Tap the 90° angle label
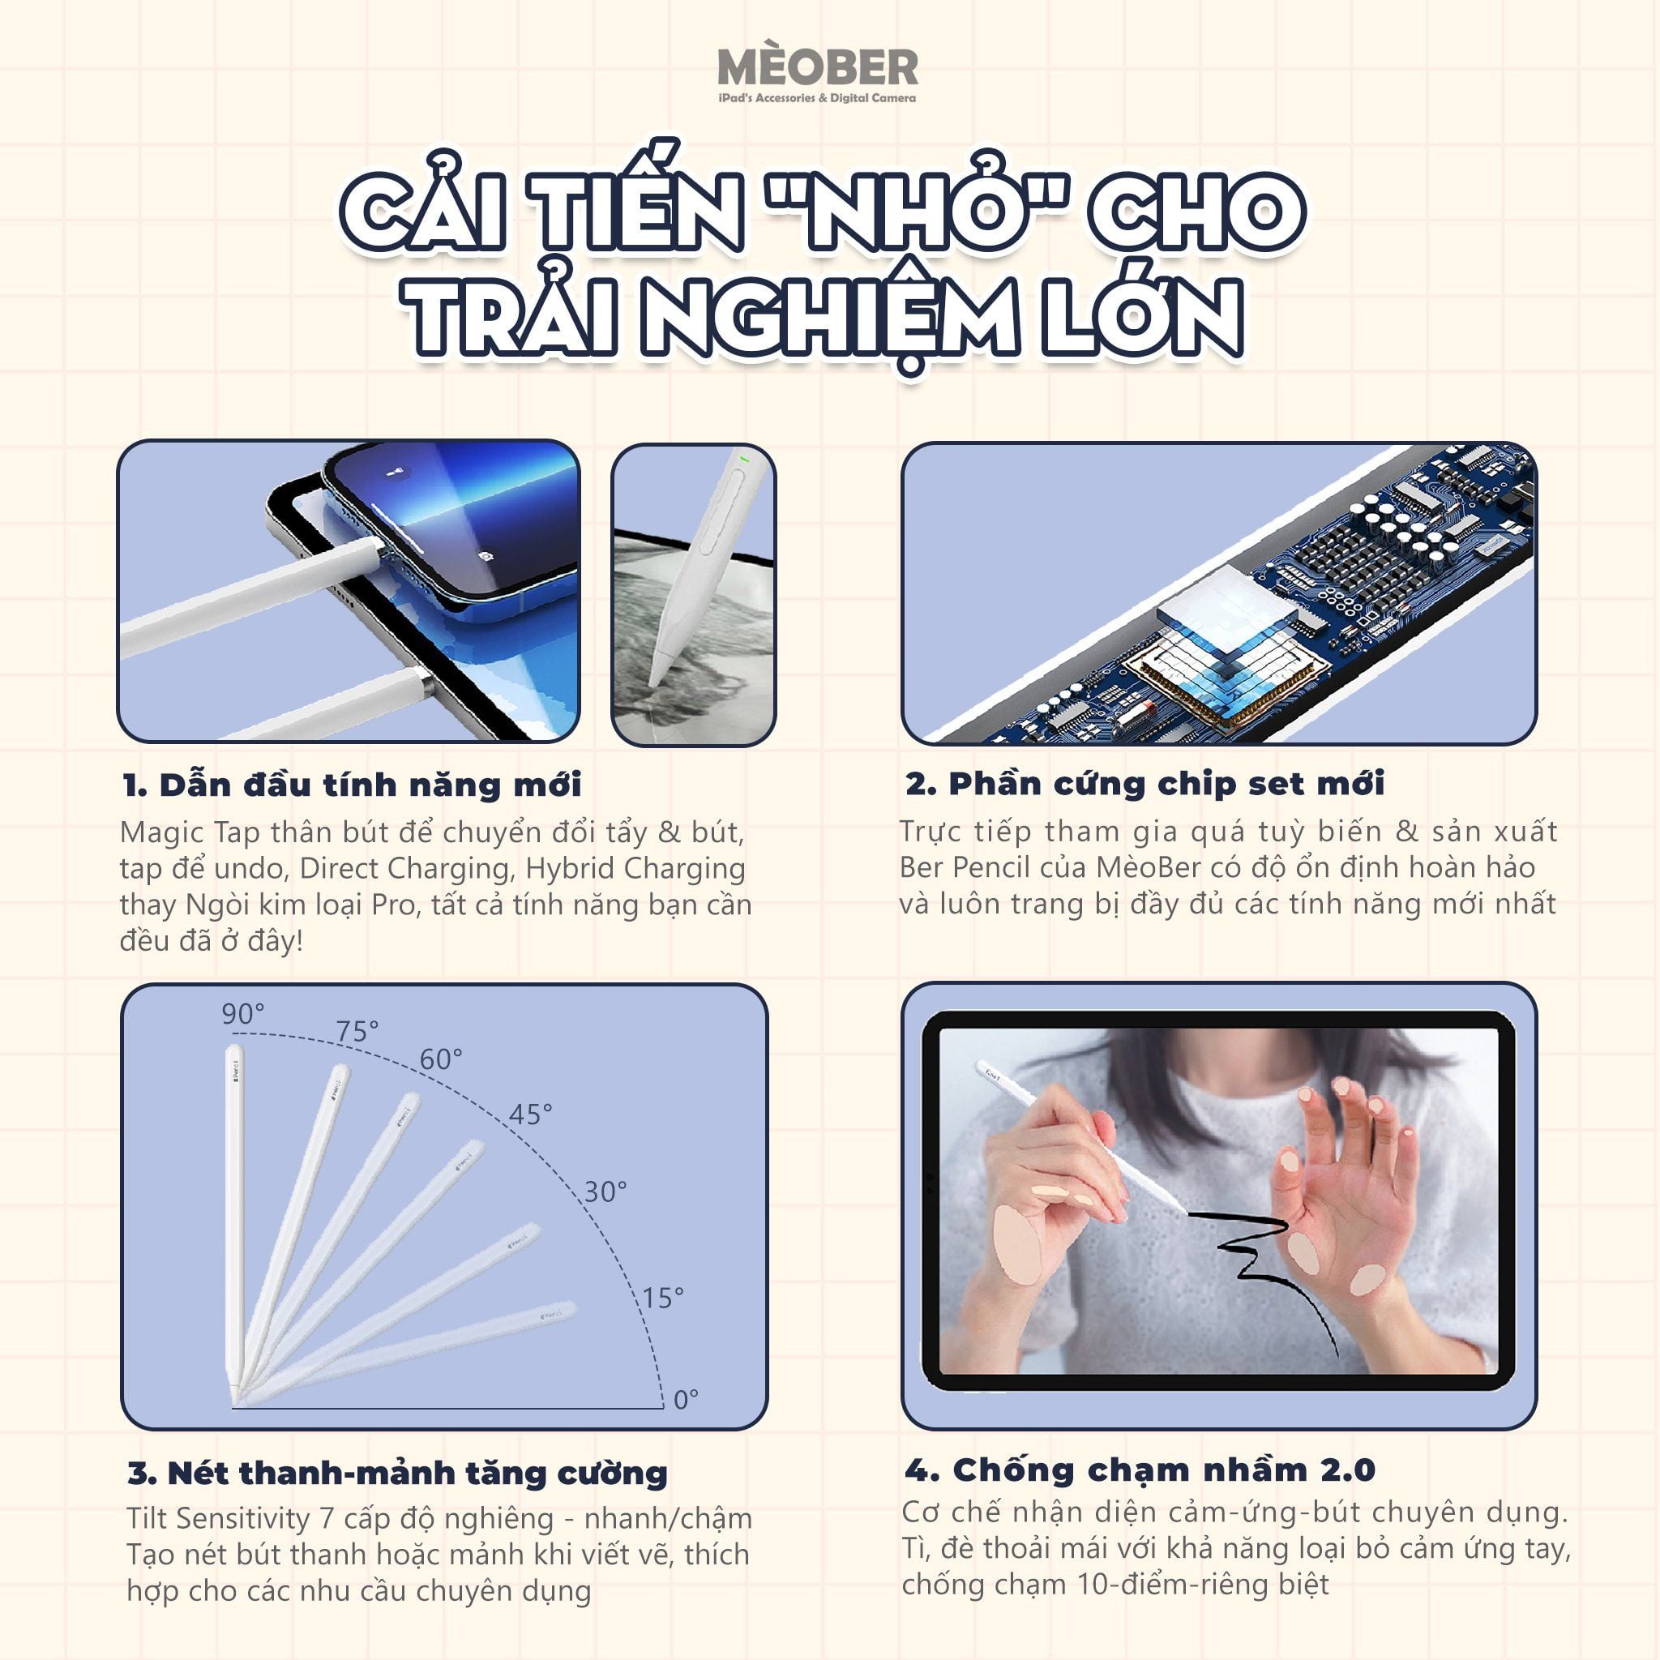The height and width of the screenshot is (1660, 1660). click(x=243, y=1014)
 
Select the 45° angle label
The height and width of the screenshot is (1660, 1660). click(x=530, y=1115)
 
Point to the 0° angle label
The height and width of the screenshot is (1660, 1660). click(x=685, y=1400)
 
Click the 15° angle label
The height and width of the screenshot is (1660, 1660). click(x=663, y=1298)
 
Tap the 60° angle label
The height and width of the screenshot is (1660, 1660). click(x=441, y=1059)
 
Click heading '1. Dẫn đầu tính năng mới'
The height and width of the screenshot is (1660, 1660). click(x=353, y=785)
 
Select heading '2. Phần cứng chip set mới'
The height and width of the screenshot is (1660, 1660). click(x=1144, y=783)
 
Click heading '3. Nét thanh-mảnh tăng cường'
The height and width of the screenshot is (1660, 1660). click(x=397, y=1473)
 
